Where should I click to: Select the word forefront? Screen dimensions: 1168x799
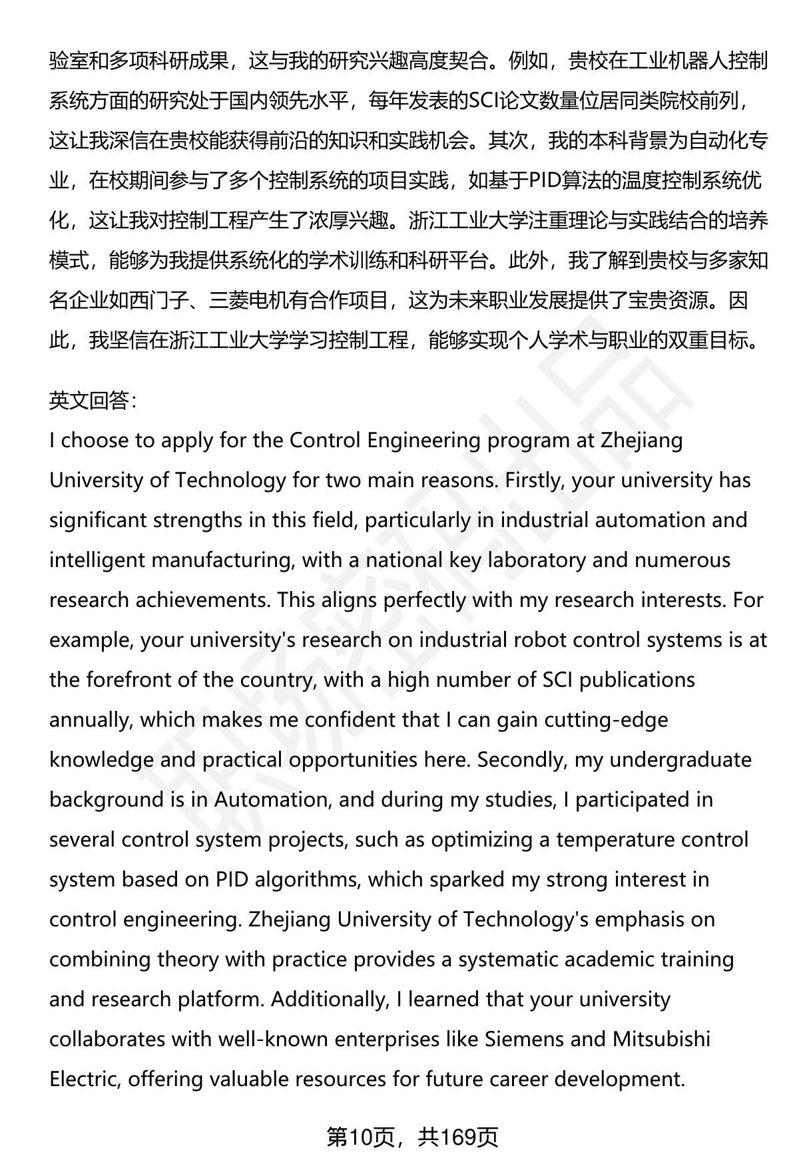click(131, 680)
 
